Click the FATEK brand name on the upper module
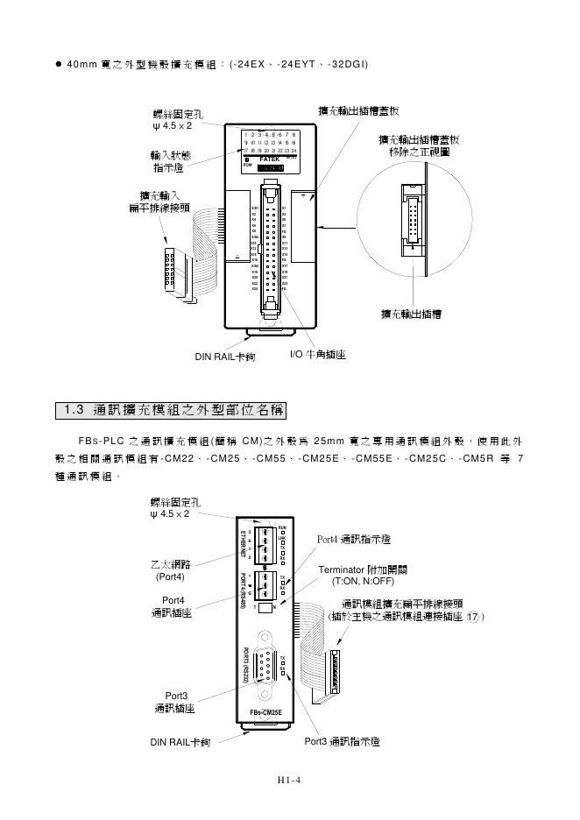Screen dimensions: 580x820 [271, 159]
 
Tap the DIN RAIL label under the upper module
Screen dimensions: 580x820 [224, 357]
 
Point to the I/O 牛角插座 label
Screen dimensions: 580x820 [317, 356]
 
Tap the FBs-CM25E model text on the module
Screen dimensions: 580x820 [267, 713]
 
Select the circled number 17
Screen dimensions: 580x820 [471, 617]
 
